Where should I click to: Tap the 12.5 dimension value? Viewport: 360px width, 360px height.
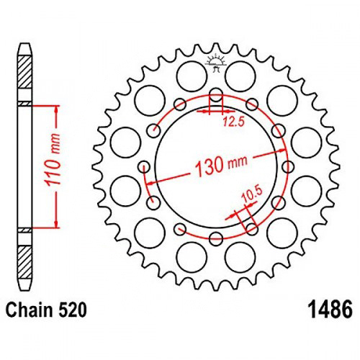[233, 122]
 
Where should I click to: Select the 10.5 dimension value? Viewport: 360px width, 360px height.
[252, 194]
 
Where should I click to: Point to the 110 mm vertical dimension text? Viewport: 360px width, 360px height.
[53, 161]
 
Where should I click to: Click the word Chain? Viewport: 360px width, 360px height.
[30, 310]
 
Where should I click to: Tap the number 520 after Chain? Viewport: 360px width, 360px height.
[72, 310]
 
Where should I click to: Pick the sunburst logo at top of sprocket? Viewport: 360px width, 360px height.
[216, 62]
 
